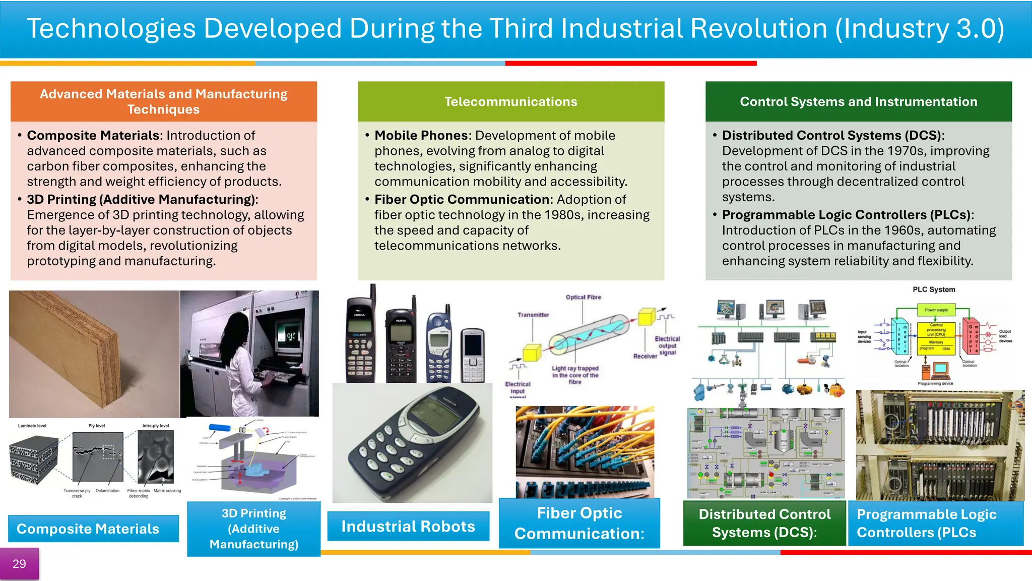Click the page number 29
point(19,564)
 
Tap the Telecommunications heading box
point(510,101)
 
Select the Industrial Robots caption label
point(408,527)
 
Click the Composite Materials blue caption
point(88,529)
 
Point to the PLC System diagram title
point(934,289)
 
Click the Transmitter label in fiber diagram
point(533,315)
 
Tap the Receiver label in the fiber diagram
point(645,356)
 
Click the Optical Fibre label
point(583,297)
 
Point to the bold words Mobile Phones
point(421,136)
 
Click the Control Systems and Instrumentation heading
point(858,101)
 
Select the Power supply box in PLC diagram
point(936,310)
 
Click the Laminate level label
point(32,426)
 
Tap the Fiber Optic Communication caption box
point(579,524)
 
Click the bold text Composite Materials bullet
point(93,136)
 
